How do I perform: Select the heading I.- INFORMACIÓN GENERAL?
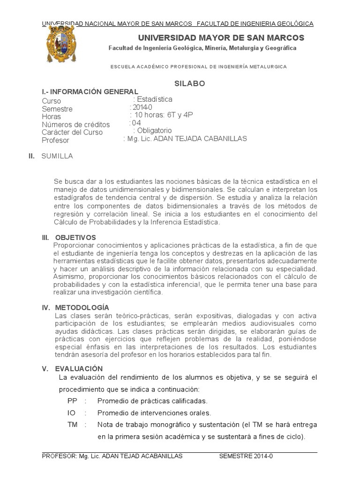[90, 91]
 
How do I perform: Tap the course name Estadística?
[154, 99]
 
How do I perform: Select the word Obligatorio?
[154, 130]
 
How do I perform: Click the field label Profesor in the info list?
[55, 140]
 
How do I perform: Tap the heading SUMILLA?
[57, 156]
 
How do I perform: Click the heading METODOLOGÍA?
[82, 307]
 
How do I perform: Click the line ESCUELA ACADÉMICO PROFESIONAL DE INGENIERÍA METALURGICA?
[199, 67]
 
